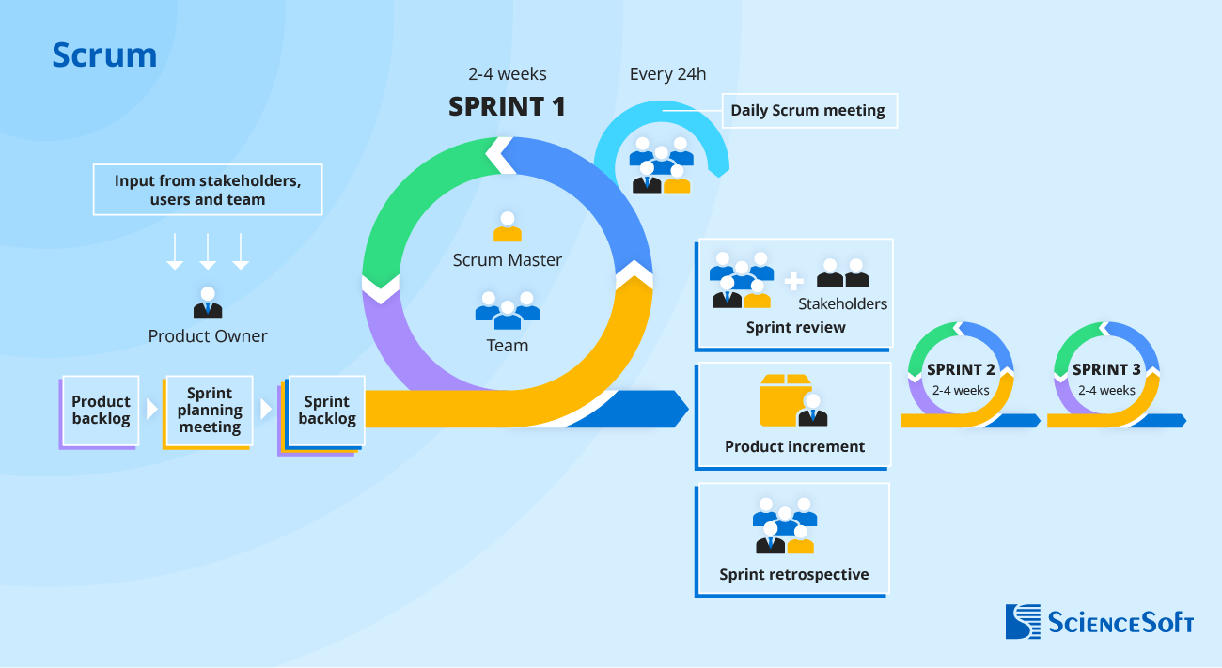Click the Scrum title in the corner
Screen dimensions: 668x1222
[x=104, y=55]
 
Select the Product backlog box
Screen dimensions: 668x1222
[x=101, y=411]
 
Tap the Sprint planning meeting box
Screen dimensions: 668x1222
[x=210, y=411]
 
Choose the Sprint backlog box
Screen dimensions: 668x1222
[x=327, y=411]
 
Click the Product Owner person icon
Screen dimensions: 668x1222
[x=208, y=303]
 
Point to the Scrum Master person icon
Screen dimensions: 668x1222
[x=507, y=227]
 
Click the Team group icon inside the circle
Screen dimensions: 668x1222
[x=507, y=310]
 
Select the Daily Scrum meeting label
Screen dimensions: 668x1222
[x=808, y=110]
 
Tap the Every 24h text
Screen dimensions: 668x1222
[x=667, y=74]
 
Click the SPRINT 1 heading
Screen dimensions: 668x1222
[x=507, y=107]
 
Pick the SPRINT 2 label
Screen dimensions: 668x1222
[x=961, y=369]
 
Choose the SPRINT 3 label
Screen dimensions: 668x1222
[x=1106, y=369]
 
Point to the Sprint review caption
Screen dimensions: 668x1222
[x=795, y=328]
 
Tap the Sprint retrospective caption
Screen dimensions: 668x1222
[x=794, y=574]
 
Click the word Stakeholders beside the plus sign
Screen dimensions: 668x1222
[x=842, y=303]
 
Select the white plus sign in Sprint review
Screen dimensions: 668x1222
[x=794, y=280]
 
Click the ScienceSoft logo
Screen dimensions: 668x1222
[x=1099, y=621]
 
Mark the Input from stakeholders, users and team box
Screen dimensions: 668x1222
[x=208, y=190]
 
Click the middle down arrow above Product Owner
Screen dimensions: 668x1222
[x=208, y=252]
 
